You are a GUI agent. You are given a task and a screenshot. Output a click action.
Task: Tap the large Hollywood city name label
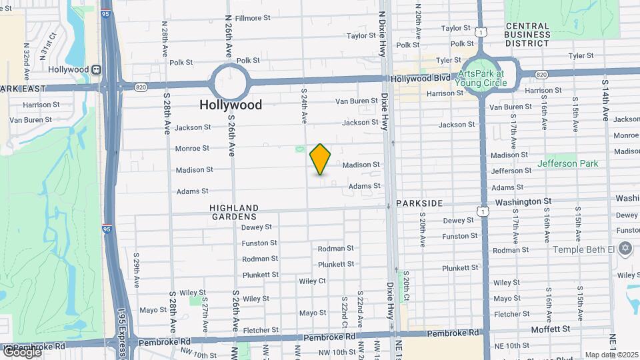(231, 105)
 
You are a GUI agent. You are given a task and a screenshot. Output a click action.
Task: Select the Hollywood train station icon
(97, 69)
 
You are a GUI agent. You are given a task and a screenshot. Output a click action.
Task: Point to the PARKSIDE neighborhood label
(419, 203)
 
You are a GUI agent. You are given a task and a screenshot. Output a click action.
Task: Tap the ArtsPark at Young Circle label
(482, 79)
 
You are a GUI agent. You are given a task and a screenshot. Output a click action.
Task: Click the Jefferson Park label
(567, 163)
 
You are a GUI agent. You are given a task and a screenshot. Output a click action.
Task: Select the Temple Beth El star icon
(625, 249)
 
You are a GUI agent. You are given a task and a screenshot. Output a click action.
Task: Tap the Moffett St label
(551, 329)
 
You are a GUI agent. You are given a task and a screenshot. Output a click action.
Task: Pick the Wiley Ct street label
(312, 281)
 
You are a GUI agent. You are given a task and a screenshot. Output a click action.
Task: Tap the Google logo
(21, 351)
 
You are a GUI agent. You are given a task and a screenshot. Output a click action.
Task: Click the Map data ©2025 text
(611, 355)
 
